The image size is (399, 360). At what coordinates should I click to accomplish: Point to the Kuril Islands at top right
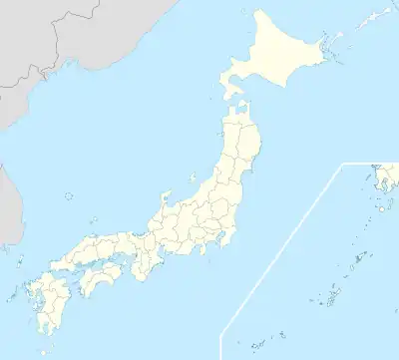click(x=374, y=20)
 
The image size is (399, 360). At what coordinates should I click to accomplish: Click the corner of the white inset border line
click(x=343, y=164)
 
